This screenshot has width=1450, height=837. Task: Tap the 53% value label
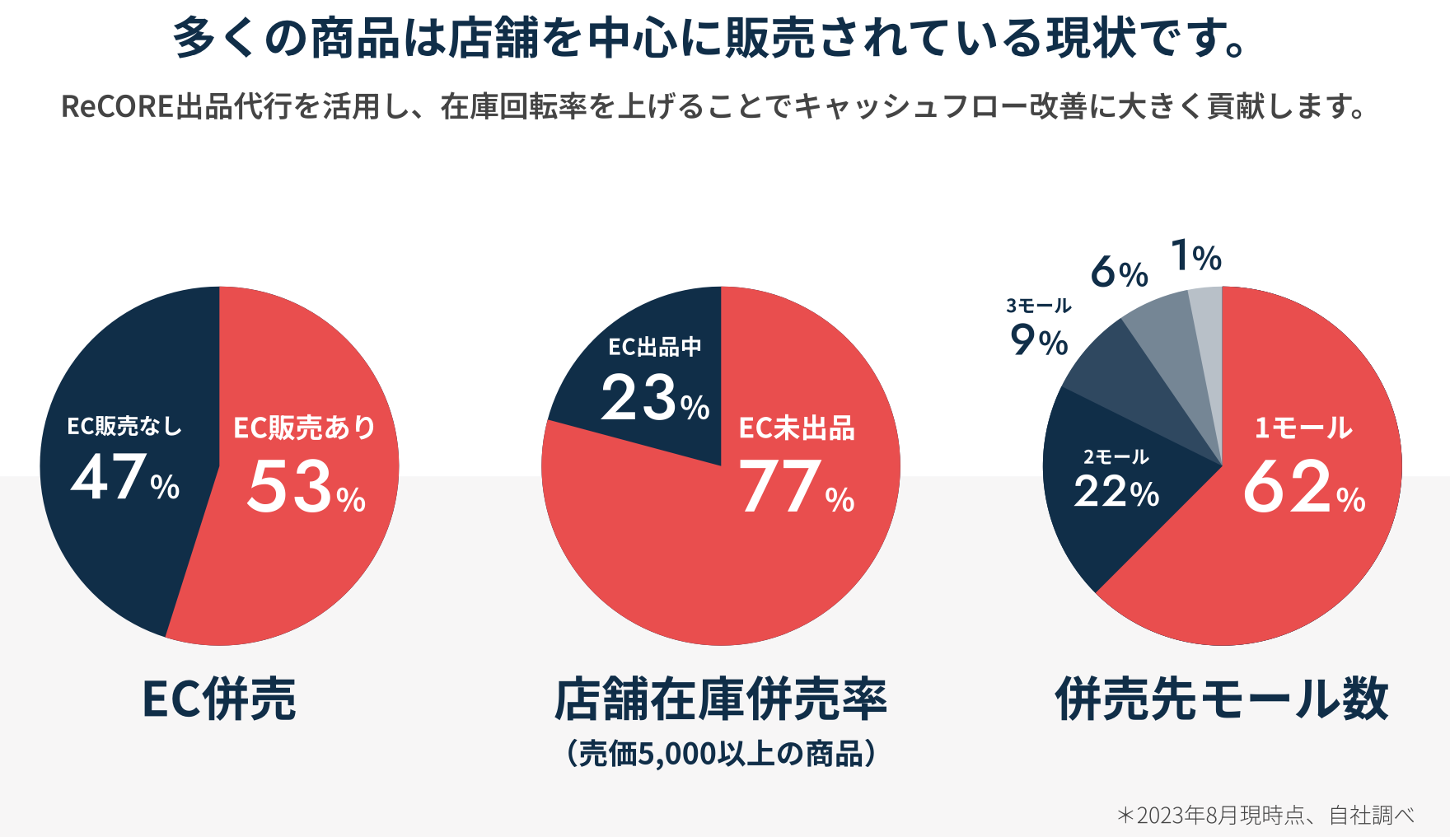[x=306, y=488]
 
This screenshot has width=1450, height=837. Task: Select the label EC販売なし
[x=124, y=426]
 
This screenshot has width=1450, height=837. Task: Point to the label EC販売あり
[x=304, y=428]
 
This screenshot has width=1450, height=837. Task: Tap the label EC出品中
[x=655, y=348]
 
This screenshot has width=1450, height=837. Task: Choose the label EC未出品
[x=797, y=428]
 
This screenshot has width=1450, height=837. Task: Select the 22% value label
[x=1116, y=493]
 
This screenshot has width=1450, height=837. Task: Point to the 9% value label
[x=1039, y=340]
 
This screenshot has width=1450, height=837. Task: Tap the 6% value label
[x=1119, y=272]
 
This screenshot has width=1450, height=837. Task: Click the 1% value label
[x=1195, y=256]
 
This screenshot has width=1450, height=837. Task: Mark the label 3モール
[x=1039, y=306]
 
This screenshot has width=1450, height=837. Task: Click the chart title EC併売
[x=219, y=699]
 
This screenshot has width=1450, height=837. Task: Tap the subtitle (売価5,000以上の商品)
[x=721, y=753]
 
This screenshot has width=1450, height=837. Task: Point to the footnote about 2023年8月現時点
[x=1265, y=816]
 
